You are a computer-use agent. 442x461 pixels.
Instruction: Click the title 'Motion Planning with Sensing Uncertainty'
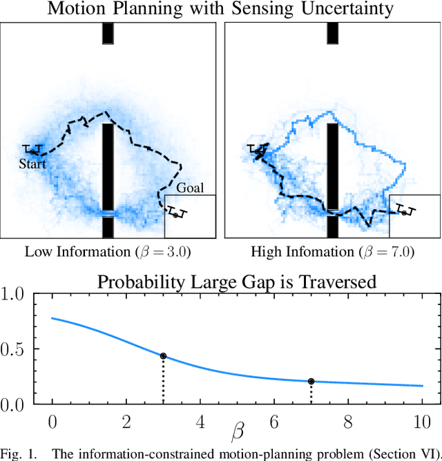tap(221, 9)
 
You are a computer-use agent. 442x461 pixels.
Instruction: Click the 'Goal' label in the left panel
tap(190, 188)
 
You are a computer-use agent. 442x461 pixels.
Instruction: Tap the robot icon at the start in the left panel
tap(32, 150)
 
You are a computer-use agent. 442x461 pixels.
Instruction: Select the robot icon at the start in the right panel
tap(258, 150)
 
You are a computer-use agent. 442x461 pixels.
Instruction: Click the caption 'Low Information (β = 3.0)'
tap(108, 252)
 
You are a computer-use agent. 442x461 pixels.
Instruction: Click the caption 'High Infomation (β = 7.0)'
tap(332, 252)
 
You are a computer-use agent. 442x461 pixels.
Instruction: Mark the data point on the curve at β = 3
tap(163, 356)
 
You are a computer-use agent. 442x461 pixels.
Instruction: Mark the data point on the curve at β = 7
tap(311, 381)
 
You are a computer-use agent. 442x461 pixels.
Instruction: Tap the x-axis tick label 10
tap(422, 420)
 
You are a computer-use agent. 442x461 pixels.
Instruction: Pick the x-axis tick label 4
tap(200, 420)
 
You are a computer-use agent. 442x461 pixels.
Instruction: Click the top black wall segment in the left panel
tap(108, 33)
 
